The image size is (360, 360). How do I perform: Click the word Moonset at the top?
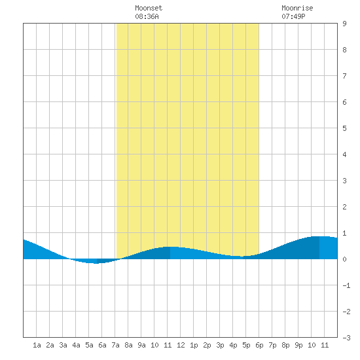149,8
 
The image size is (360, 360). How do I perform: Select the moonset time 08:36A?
147,16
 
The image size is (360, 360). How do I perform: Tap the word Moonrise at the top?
297,8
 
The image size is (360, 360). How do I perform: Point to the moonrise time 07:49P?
293,16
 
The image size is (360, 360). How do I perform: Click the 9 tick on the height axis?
344,24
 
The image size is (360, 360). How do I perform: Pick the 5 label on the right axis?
344,128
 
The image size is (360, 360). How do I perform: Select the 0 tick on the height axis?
344,259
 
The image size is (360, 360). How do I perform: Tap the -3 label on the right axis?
346,338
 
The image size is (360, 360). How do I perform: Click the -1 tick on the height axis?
346,285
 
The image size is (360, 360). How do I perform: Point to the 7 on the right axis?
344,76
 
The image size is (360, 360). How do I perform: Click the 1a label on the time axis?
37,345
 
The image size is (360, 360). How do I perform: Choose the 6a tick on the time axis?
102,345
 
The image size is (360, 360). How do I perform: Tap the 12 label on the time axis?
181,345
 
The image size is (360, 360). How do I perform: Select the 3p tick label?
220,345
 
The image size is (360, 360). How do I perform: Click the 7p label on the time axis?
272,345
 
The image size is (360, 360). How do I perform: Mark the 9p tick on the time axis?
298,345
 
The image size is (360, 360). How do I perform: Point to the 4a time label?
76,345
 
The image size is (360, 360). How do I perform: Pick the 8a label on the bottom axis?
128,345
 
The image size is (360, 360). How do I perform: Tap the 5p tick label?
246,345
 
